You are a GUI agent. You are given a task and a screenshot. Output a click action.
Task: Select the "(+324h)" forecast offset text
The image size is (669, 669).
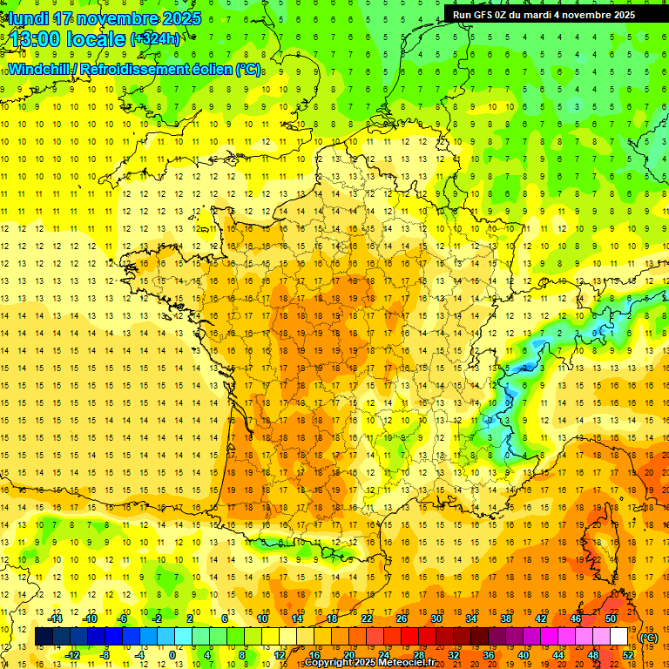point(155,38)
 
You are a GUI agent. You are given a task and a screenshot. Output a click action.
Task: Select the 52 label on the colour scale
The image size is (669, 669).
point(627,655)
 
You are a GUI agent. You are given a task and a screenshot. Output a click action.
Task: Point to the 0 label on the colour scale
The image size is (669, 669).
point(172,655)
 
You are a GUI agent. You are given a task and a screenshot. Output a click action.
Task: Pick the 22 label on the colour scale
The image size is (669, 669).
point(367,618)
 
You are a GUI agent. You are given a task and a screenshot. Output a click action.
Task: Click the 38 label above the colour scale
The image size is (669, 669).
point(505,618)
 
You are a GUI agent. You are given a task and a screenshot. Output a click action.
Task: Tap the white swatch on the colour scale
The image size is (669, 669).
point(618,637)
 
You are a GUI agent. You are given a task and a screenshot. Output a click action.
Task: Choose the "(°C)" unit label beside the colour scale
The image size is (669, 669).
point(649,638)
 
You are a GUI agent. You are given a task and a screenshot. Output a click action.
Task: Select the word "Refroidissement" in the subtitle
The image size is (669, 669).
point(135,69)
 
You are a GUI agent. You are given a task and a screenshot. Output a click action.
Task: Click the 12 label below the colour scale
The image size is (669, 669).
point(280,655)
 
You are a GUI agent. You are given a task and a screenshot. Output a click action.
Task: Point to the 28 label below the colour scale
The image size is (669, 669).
point(419,655)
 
